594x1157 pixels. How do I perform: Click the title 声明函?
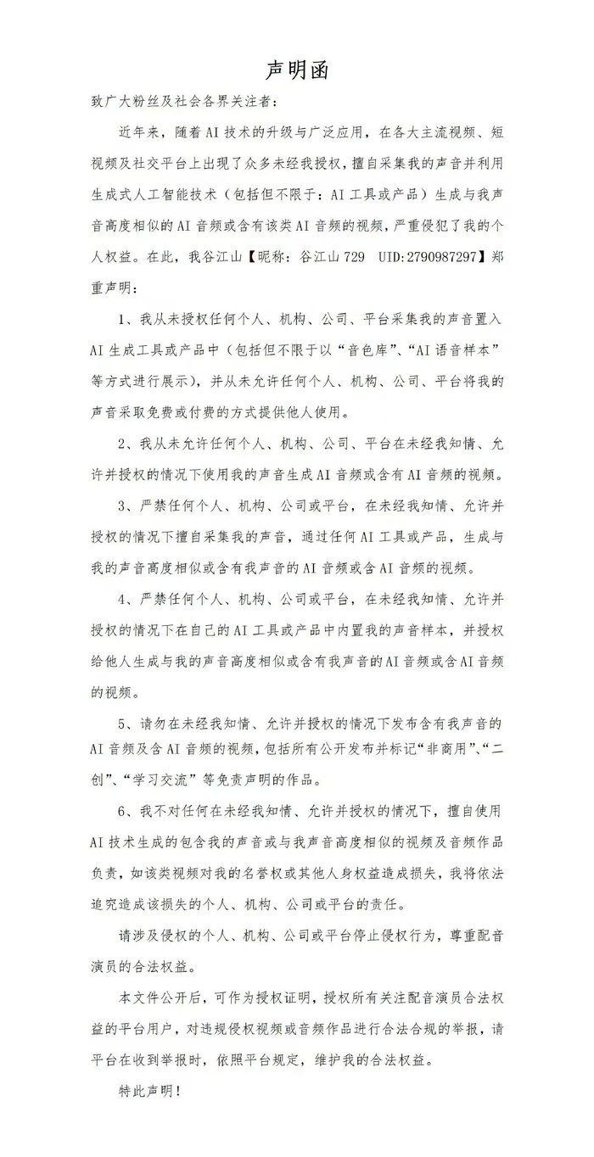297,70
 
